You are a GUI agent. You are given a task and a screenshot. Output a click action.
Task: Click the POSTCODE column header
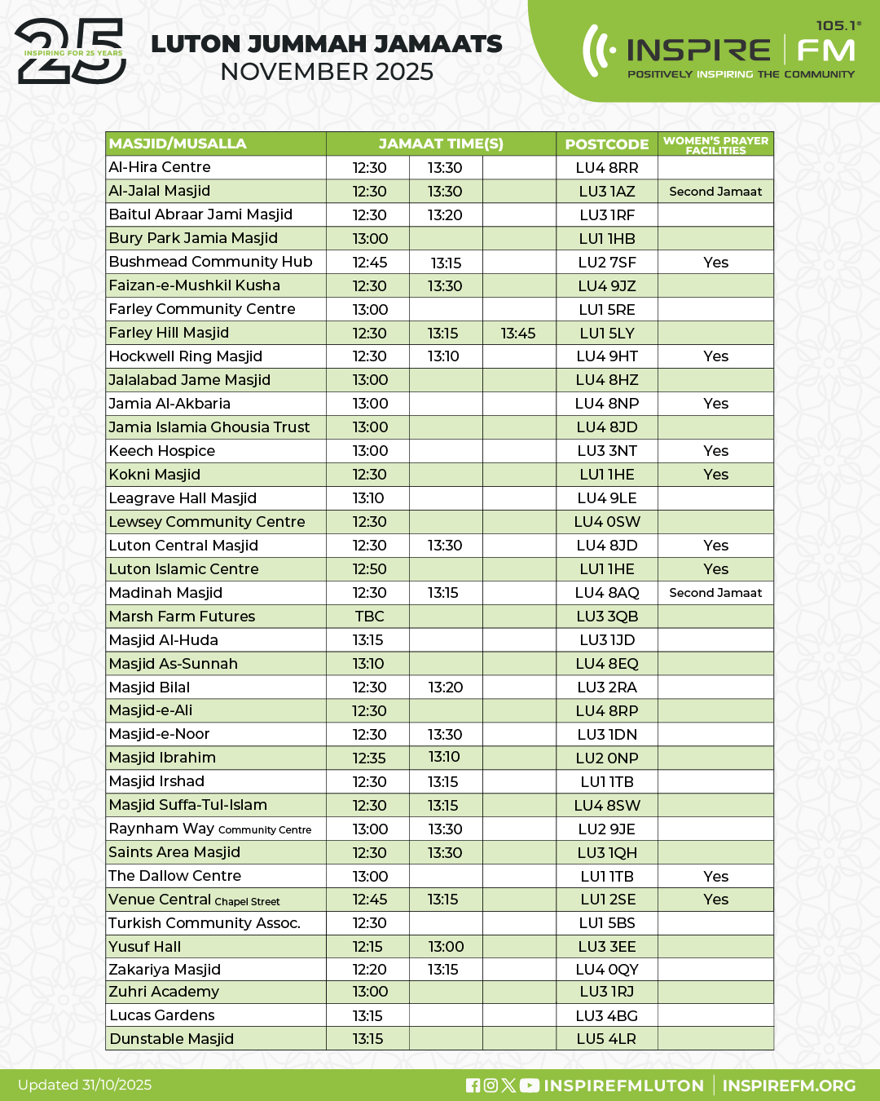[606, 144]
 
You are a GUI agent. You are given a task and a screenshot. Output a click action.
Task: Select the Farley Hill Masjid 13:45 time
[518, 334]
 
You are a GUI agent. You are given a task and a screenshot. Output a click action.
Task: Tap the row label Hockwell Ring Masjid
[186, 356]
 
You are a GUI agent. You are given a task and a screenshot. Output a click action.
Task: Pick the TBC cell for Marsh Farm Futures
[369, 617]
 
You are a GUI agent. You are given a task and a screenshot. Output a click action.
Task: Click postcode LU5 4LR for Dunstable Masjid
[606, 1039]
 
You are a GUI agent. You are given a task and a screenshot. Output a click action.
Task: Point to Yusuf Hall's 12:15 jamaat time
[368, 947]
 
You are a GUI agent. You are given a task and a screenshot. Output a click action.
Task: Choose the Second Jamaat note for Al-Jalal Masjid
[715, 192]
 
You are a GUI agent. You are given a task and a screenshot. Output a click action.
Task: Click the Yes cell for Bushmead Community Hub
[715, 263]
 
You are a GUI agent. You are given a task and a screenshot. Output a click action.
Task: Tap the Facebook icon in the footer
[473, 1086]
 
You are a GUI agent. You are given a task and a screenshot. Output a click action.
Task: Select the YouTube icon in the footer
[530, 1086]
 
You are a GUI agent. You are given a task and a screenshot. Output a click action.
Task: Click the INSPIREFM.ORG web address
[789, 1086]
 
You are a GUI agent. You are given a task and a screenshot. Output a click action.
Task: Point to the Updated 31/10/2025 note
[85, 1085]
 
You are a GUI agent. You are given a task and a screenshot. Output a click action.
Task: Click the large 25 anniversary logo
[72, 52]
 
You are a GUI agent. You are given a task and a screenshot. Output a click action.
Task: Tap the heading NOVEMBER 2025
[327, 72]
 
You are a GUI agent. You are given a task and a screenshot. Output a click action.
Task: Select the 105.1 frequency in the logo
[837, 25]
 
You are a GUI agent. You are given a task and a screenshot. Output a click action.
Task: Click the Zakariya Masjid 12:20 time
[369, 970]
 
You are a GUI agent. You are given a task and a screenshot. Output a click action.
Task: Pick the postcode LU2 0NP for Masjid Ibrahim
[606, 758]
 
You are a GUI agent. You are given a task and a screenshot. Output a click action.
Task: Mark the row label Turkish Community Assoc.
[205, 923]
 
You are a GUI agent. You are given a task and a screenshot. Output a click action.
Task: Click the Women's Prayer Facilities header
[715, 144]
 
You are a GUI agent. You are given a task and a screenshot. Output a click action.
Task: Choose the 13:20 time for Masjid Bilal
[445, 688]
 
